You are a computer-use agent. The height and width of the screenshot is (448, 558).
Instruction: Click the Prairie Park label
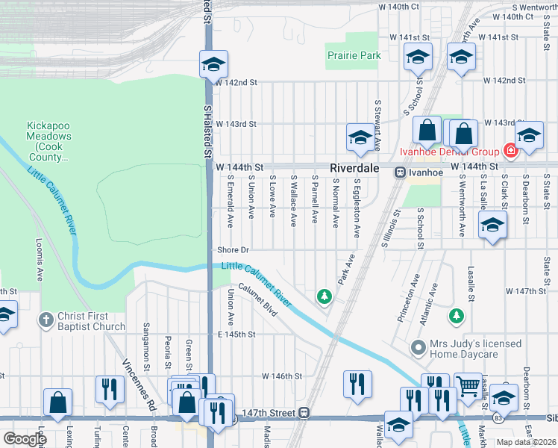tap(354, 55)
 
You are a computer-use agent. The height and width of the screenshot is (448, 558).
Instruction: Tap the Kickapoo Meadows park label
tap(49, 141)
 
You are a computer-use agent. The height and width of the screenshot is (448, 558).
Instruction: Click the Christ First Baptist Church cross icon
tap(46, 320)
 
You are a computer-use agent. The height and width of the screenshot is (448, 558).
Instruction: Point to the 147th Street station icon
tap(304, 412)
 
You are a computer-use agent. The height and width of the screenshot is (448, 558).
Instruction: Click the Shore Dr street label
tap(233, 250)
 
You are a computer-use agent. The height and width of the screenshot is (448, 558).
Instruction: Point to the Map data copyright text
tap(526, 442)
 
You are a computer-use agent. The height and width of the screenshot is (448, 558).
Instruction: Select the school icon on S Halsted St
tap(213, 64)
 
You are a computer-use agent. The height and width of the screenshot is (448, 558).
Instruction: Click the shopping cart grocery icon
tap(468, 387)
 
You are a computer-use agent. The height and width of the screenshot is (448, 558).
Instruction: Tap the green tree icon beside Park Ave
tap(324, 297)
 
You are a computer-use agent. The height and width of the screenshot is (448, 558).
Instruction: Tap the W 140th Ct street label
tap(399, 6)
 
